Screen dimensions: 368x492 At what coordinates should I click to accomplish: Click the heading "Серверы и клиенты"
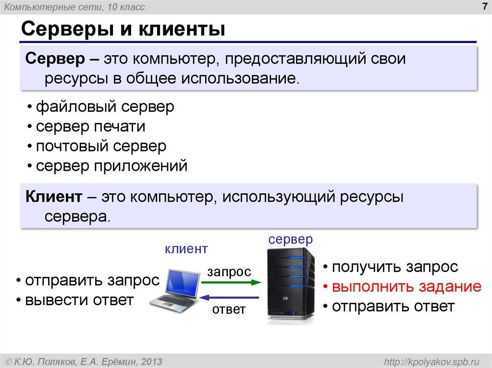pyautogui.click(x=123, y=29)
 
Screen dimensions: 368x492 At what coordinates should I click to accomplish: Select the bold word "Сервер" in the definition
pyautogui.click(x=54, y=59)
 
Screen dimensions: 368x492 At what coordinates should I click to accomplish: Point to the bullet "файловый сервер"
pyautogui.click(x=105, y=107)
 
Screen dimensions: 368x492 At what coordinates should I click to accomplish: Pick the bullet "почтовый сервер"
pyautogui.click(x=101, y=146)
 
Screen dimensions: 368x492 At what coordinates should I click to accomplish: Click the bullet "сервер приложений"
pyautogui.click(x=111, y=166)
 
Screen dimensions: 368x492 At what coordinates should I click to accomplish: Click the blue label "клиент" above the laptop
pyautogui.click(x=186, y=249)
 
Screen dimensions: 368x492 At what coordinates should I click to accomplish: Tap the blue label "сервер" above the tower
pyautogui.click(x=291, y=239)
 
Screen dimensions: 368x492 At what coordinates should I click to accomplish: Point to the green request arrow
pyautogui.click(x=229, y=283)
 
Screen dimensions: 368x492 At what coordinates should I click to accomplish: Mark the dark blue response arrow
pyautogui.click(x=229, y=297)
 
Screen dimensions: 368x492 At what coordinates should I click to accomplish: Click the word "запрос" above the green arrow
pyautogui.click(x=229, y=272)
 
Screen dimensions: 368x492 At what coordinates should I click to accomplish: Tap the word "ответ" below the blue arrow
pyautogui.click(x=229, y=309)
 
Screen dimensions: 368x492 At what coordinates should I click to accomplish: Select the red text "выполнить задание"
pyautogui.click(x=406, y=286)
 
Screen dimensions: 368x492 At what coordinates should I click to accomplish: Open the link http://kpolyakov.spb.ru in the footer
pyautogui.click(x=429, y=361)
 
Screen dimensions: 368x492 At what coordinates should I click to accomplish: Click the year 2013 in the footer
pyautogui.click(x=149, y=361)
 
